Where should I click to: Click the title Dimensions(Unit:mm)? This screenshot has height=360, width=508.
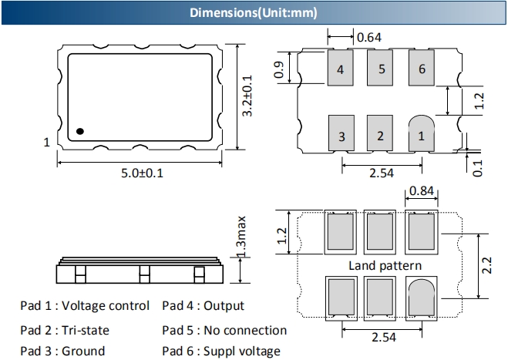point(254,13)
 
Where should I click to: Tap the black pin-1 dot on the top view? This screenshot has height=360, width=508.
point(80,130)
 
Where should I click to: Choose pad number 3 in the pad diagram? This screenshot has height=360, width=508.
point(341,136)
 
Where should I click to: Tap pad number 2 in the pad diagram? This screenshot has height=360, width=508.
point(380,136)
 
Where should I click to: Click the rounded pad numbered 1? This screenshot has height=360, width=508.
point(420,136)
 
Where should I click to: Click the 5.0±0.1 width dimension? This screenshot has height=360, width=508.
point(142,172)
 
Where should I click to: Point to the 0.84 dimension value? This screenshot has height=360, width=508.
point(421,191)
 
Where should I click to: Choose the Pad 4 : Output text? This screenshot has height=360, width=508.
point(203,306)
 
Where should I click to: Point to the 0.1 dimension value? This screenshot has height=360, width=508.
point(477,165)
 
